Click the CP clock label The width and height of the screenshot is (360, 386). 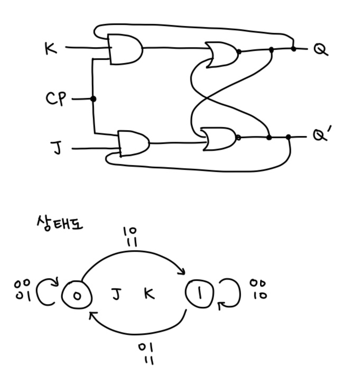click(x=56, y=99)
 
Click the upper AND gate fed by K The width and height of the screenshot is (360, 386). click(x=125, y=49)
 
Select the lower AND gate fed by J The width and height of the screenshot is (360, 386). click(x=133, y=143)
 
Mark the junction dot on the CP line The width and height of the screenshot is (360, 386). click(x=94, y=99)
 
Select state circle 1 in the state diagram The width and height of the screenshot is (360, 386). click(x=199, y=293)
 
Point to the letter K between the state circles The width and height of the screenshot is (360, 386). click(x=150, y=294)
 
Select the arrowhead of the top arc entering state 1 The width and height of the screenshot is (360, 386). click(x=181, y=272)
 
